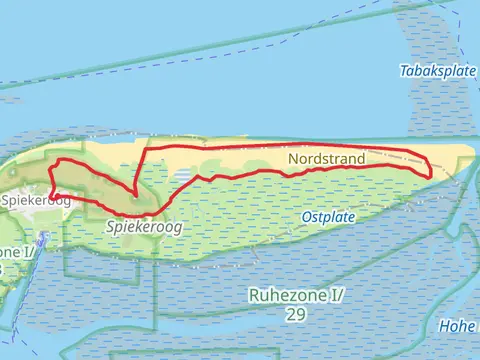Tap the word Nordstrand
pos(326,159)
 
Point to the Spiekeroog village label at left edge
pos(35,201)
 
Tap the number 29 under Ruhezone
pos(294,314)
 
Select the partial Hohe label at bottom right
pos(459,325)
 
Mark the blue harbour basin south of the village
pos(43,240)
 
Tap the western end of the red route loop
pos(50,196)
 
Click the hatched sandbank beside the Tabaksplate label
pos(420,110)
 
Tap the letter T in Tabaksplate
pos(402,71)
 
